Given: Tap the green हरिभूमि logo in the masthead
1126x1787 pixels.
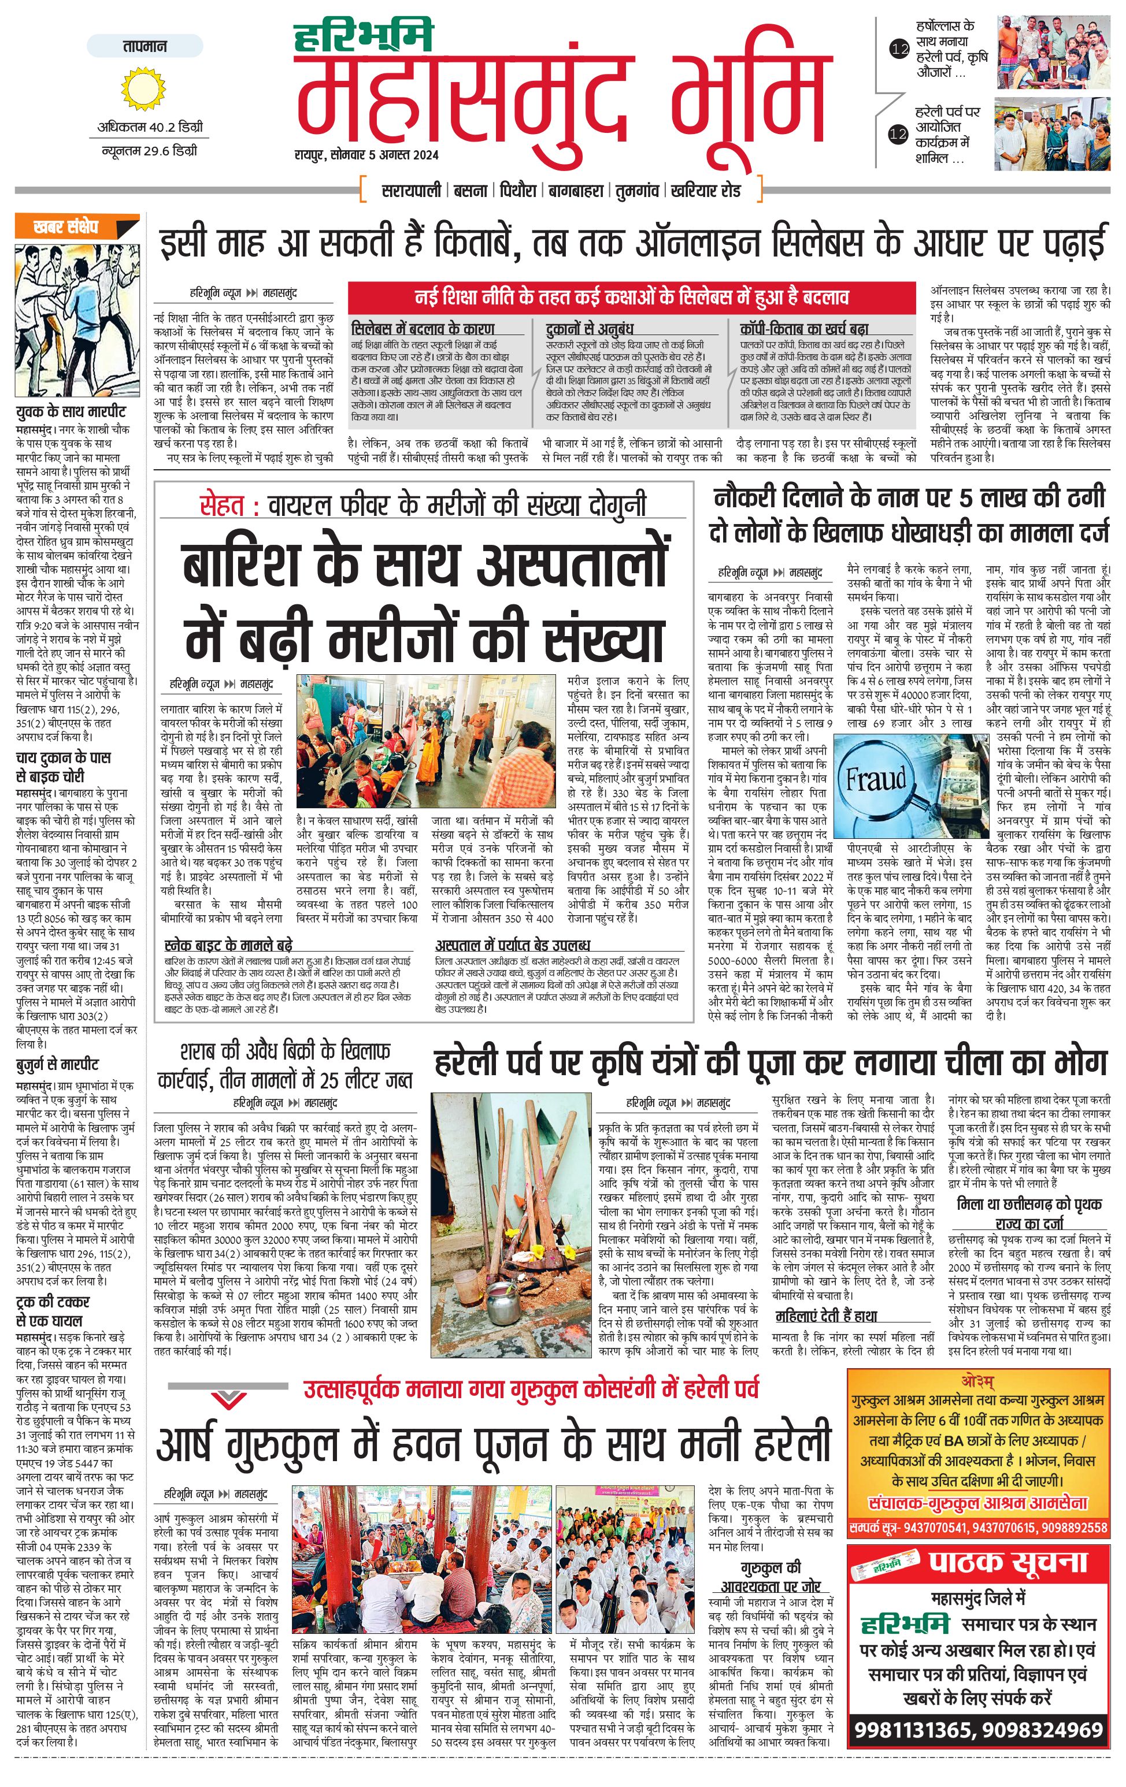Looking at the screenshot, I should [x=363, y=37].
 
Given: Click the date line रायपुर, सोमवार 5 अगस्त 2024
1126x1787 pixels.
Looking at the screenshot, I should [x=365, y=155].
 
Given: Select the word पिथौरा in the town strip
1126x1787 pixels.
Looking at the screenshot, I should [x=517, y=191].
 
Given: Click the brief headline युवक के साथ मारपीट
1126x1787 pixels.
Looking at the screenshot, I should [x=71, y=412].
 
